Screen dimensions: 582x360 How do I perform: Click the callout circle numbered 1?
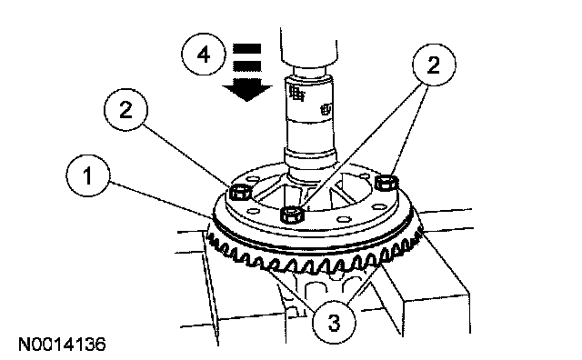tap(88, 175)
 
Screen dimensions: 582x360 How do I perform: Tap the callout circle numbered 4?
tap(204, 55)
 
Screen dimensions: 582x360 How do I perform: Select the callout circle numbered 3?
tap(334, 322)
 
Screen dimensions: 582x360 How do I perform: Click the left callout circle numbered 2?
tap(125, 109)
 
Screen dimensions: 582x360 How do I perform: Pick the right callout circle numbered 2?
tap(434, 65)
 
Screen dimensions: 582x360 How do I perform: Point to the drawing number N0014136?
tap(62, 345)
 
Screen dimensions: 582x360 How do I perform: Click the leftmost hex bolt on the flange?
tap(240, 192)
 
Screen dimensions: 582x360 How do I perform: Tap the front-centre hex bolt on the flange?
tap(293, 215)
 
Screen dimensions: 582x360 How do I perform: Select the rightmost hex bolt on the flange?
tap(386, 182)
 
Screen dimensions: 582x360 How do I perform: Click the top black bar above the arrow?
tap(246, 48)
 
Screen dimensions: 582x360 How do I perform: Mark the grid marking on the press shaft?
tap(297, 93)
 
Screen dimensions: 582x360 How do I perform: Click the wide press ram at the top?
tap(309, 45)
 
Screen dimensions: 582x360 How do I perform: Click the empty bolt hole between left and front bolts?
tap(253, 211)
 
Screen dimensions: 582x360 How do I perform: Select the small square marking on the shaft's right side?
tap(326, 109)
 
